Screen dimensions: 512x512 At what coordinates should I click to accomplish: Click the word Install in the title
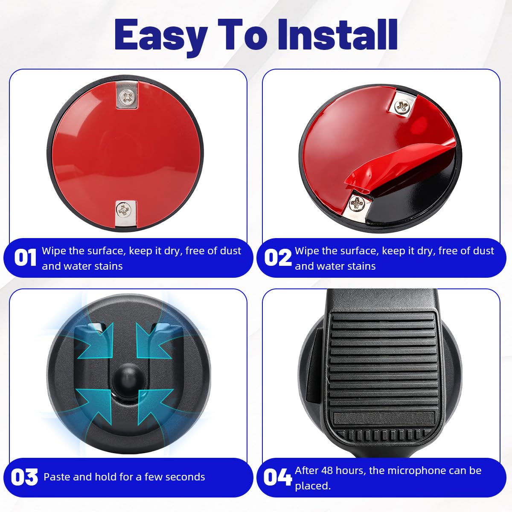(337, 35)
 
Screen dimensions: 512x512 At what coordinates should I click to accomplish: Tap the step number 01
(25, 257)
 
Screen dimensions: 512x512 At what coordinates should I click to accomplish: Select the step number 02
(278, 257)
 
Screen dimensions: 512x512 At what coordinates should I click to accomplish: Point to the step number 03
(24, 477)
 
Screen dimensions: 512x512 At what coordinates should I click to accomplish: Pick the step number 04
(278, 477)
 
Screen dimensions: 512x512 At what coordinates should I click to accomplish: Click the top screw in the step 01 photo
(127, 97)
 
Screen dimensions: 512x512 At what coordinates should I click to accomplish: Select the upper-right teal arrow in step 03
(154, 340)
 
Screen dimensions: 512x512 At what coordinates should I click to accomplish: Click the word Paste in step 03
(57, 477)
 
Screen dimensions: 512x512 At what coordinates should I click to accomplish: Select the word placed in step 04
(313, 486)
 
